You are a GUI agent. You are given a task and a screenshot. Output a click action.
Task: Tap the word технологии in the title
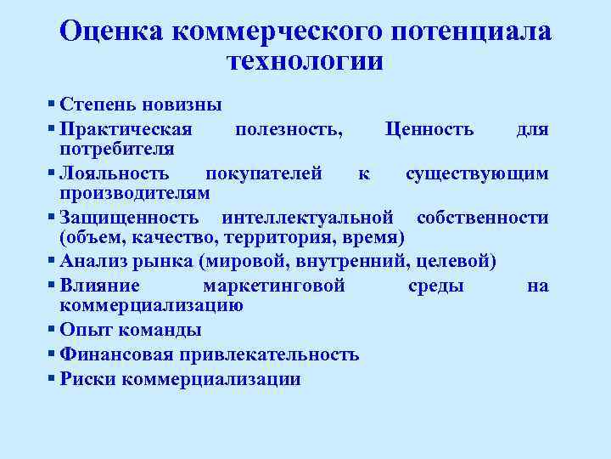(305, 61)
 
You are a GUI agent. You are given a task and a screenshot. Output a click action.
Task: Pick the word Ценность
(429, 129)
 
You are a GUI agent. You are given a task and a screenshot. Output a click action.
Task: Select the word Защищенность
(130, 218)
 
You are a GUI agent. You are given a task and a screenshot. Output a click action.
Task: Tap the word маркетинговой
(274, 286)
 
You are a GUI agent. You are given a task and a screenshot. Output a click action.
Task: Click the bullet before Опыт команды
(53, 328)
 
